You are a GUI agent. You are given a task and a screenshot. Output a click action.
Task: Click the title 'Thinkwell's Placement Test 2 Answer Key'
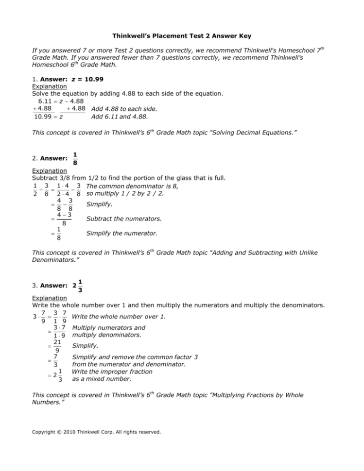coord(182,36)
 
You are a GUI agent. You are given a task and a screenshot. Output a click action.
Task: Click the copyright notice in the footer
coord(96,431)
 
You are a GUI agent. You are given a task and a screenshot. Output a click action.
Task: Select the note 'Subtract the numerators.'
coord(123,219)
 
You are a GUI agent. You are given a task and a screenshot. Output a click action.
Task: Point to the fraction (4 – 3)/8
coord(57,219)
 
